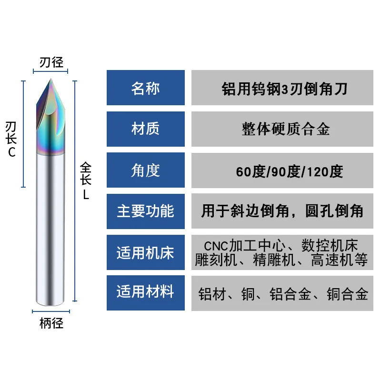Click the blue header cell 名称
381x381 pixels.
click(x=145, y=88)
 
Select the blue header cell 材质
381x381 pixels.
click(x=145, y=129)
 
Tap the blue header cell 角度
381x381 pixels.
click(x=145, y=170)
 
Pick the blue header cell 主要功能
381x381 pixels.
click(x=145, y=211)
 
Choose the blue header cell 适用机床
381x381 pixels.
click(x=145, y=252)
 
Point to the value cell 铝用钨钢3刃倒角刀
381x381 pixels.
click(x=282, y=88)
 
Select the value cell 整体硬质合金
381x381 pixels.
click(x=282, y=129)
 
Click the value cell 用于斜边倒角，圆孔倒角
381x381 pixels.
click(x=282, y=211)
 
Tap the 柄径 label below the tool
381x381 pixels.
click(x=51, y=324)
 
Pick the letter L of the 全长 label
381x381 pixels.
click(x=86, y=195)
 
